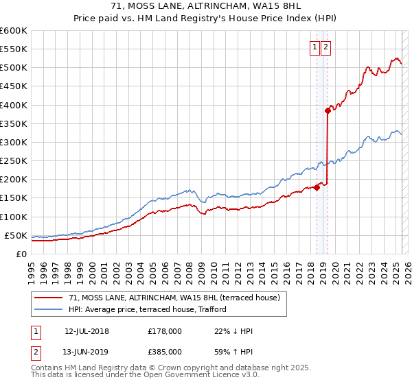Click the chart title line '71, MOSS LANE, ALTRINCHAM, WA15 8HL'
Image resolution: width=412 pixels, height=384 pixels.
coord(206,7)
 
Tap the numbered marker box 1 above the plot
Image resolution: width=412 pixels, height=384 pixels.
coord(314,47)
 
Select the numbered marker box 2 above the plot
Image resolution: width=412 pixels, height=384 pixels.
coord(325,47)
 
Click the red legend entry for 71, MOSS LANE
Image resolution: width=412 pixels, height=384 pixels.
coord(174,298)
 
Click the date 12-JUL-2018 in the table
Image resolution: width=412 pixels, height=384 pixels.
coord(87,331)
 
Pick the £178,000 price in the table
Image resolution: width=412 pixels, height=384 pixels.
coord(165,331)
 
